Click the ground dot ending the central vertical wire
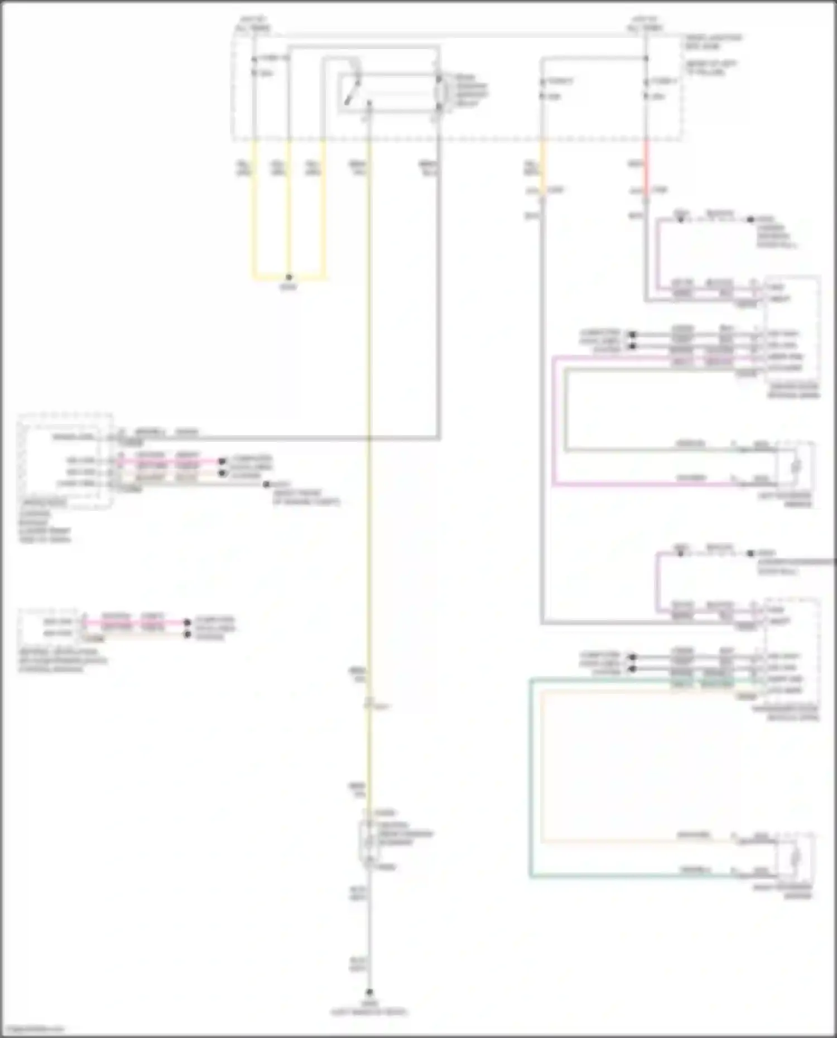tap(369, 992)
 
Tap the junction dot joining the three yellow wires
tap(288, 277)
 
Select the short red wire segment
tap(647, 170)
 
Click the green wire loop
tap(531, 781)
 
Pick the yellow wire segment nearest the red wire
tap(543, 167)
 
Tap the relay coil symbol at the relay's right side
tap(439, 92)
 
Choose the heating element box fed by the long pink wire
tap(796, 465)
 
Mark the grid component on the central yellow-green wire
tap(369, 839)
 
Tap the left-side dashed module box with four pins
tap(64, 461)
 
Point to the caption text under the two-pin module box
tap(61, 660)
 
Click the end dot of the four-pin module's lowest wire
tap(266, 485)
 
